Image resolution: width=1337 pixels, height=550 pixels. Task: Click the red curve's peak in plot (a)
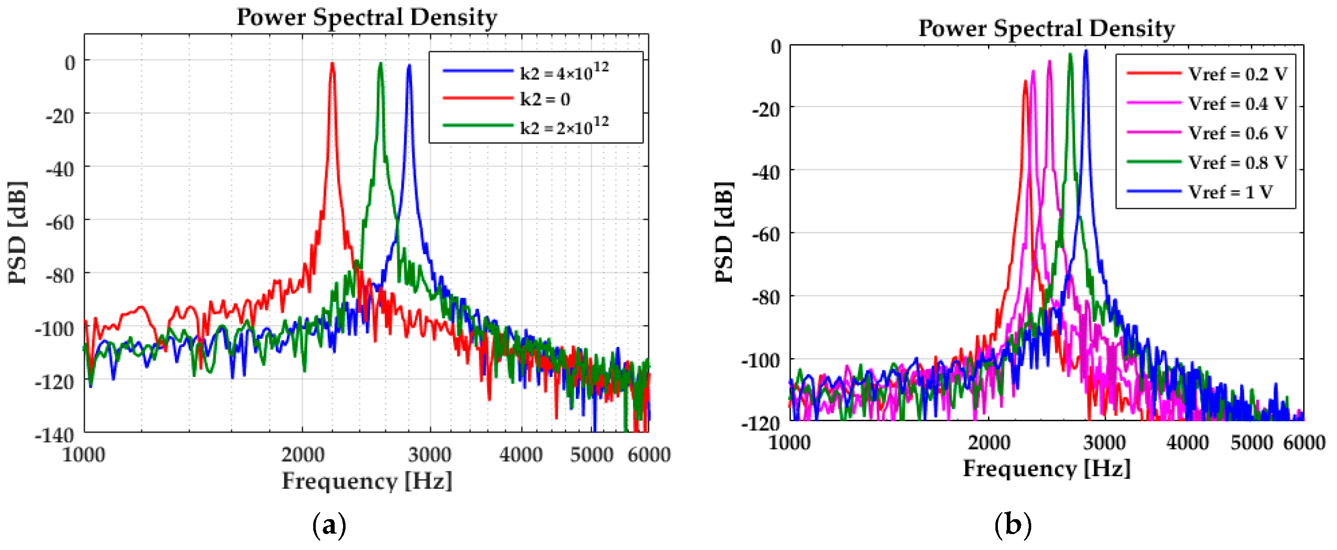(332, 64)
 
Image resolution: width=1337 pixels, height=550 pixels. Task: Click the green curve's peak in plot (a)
(380, 64)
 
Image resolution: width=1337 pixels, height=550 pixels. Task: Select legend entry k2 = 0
(545, 98)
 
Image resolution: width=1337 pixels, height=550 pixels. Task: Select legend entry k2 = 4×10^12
(564, 72)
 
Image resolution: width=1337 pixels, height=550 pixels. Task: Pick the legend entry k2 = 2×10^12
(564, 126)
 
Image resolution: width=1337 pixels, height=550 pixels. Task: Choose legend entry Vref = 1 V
(1230, 192)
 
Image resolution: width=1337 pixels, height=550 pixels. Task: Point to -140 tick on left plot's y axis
(55, 434)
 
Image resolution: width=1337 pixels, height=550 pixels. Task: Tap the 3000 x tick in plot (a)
(429, 455)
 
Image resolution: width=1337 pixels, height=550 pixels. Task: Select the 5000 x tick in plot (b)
(1251, 443)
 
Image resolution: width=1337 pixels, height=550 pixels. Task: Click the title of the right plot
(1046, 28)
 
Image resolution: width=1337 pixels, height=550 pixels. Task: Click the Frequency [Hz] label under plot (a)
(366, 480)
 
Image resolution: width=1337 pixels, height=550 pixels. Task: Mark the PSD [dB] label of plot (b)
(724, 232)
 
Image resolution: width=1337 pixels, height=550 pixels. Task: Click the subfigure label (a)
(329, 526)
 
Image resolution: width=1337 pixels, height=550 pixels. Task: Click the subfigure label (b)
(1013, 525)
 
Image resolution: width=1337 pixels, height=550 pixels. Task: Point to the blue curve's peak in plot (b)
(1085, 51)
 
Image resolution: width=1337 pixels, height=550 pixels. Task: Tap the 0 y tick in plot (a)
(70, 63)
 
